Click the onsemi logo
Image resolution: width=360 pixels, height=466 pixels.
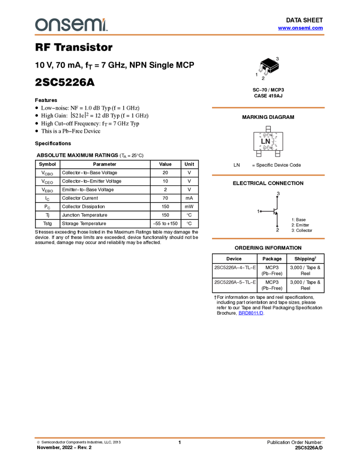[x=71, y=25]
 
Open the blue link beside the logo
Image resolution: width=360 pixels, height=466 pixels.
[x=300, y=28]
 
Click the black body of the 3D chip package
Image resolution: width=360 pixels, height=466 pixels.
[x=270, y=65]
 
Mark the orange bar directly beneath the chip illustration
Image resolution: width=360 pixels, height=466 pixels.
[x=268, y=108]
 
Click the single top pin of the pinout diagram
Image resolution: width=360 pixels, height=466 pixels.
[x=267, y=128]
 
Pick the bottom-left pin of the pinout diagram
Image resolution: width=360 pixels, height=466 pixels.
[x=259, y=155]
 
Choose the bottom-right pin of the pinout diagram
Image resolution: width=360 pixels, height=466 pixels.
[x=277, y=155]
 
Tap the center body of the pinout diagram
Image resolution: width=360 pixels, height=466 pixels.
[x=267, y=141]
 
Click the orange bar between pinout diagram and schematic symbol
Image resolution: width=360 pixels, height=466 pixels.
[x=268, y=175]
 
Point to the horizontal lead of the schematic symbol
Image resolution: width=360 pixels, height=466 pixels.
[x=267, y=211]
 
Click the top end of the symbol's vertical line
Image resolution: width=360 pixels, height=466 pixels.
[x=277, y=196]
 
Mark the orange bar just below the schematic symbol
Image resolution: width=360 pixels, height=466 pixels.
[x=268, y=238]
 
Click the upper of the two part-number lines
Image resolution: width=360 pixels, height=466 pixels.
[x=235, y=268]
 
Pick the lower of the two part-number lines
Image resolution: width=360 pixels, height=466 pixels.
[x=235, y=282]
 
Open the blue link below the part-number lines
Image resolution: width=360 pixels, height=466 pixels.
[x=251, y=313]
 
